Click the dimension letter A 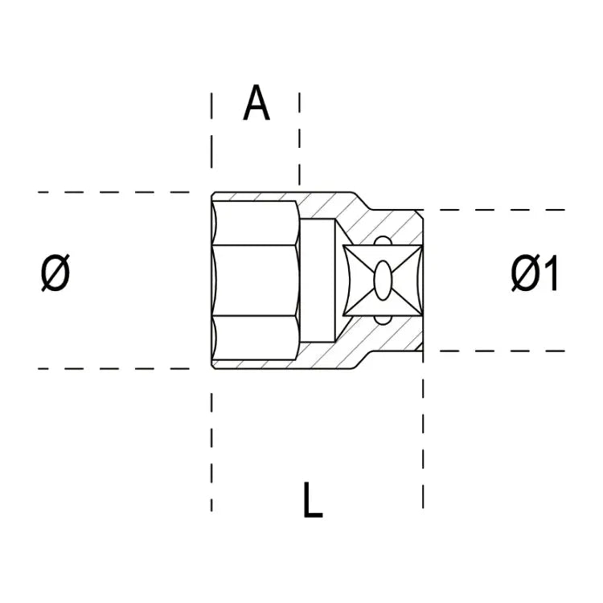pos(256,105)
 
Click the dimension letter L pos(313,499)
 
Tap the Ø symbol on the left pos(55,275)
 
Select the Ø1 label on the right pos(534,276)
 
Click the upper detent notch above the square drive pos(383,240)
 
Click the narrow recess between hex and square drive pos(319,281)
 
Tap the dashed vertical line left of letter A pos(212,137)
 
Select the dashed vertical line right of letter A pos(300,137)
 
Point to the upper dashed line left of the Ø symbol pos(113,192)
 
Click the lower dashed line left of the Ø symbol pos(113,369)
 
